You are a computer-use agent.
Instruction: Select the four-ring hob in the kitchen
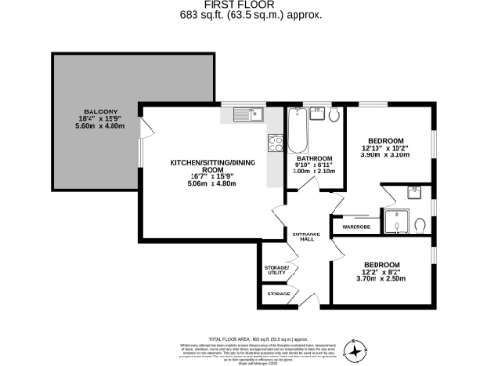pyautogui.click(x=275, y=145)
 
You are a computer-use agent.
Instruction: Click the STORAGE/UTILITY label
pyautogui.click(x=276, y=271)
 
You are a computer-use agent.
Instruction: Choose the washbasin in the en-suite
pyautogui.click(x=414, y=191)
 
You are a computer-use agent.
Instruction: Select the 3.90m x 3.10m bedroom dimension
pyautogui.click(x=384, y=154)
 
